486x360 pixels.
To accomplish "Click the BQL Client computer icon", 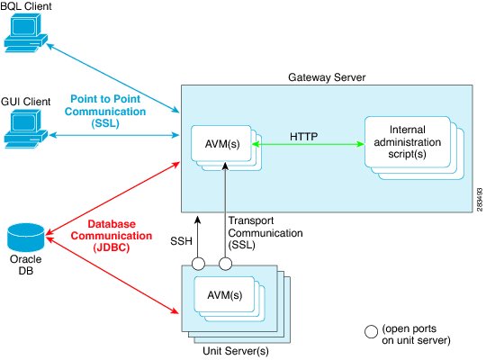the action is pos(26,34).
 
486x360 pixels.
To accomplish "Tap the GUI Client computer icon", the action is pos(26,130).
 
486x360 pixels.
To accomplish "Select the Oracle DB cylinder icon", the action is pos(26,238).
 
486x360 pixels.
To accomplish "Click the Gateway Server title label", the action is pos(327,77).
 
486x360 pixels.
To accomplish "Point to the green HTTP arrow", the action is pos(308,144).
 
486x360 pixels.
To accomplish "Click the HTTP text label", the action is pos(304,137).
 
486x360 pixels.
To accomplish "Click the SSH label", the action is pos(181,241).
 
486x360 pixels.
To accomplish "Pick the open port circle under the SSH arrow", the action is pos(198,264).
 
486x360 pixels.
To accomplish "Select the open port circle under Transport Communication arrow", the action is pos(225,264).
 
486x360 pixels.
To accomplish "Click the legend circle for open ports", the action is pos(371,331).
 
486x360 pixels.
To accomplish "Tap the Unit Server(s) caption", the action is pos(236,351).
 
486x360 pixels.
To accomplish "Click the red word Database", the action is pos(112,224).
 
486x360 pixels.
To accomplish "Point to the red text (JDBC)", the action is pos(112,247).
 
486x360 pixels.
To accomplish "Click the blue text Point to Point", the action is pos(105,99).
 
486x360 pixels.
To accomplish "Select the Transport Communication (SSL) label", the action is pos(265,233).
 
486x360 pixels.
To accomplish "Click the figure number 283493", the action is pos(480,200).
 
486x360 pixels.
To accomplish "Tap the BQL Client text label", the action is pos(26,6).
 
